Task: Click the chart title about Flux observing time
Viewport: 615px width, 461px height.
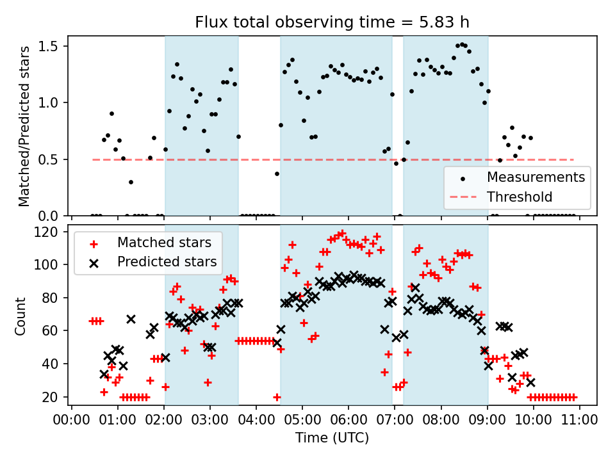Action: click(x=332, y=22)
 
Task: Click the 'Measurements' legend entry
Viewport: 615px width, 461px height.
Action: click(x=536, y=177)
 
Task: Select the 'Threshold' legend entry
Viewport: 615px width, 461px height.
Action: click(x=519, y=197)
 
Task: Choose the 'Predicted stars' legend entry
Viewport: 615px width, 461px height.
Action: click(x=167, y=262)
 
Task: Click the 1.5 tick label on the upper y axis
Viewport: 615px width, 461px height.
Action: click(x=51, y=46)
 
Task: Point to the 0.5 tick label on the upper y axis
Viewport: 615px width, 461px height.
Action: click(x=51, y=159)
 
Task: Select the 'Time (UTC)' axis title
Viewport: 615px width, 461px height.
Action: click(x=332, y=438)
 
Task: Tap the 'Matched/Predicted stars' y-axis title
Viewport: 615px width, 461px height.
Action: click(x=24, y=126)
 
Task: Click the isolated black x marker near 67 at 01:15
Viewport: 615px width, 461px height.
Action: click(x=131, y=319)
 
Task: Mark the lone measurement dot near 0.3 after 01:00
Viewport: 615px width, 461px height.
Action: click(x=131, y=182)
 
